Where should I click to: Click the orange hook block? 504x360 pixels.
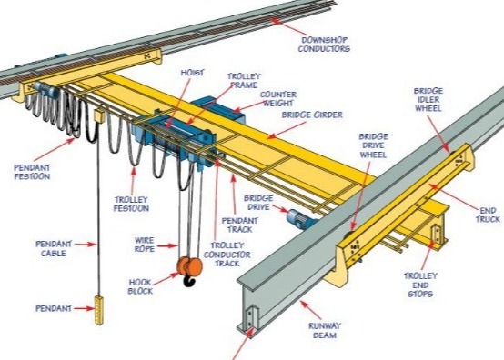(x=189, y=267)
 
